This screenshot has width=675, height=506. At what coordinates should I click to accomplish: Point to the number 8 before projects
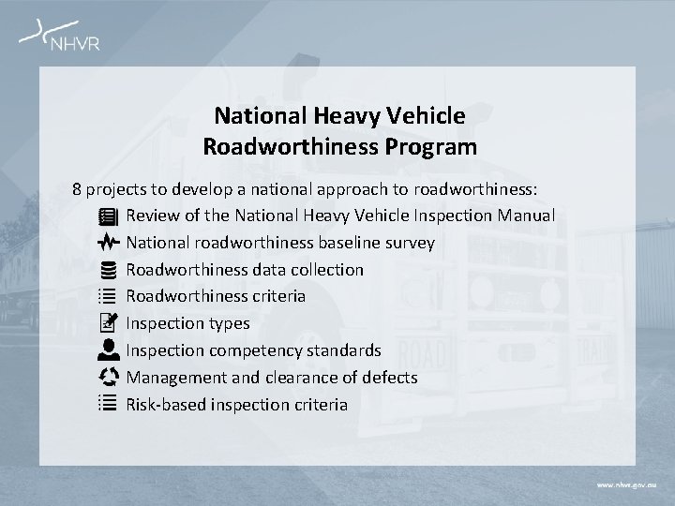[x=78, y=188]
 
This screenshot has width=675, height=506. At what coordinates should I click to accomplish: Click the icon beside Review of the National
[x=106, y=216]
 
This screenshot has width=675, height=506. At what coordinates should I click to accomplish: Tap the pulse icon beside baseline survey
[x=106, y=243]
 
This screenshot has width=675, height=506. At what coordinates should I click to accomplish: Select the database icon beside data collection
[x=106, y=270]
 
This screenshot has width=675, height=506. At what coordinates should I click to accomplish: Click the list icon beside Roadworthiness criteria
[x=106, y=296]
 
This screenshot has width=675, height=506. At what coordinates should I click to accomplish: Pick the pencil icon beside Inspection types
[x=106, y=323]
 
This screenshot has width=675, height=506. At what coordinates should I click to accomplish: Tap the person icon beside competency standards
[x=106, y=350]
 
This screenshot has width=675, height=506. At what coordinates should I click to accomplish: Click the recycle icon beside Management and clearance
[x=106, y=378]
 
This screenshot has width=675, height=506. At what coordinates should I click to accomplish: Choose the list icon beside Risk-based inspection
[x=106, y=405]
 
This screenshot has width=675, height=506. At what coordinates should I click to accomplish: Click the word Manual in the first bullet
[x=526, y=216]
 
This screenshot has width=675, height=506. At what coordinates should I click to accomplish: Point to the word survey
[x=408, y=243]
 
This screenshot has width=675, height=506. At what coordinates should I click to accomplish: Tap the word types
[x=228, y=324]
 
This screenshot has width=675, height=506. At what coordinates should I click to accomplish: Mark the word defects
[x=390, y=378]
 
